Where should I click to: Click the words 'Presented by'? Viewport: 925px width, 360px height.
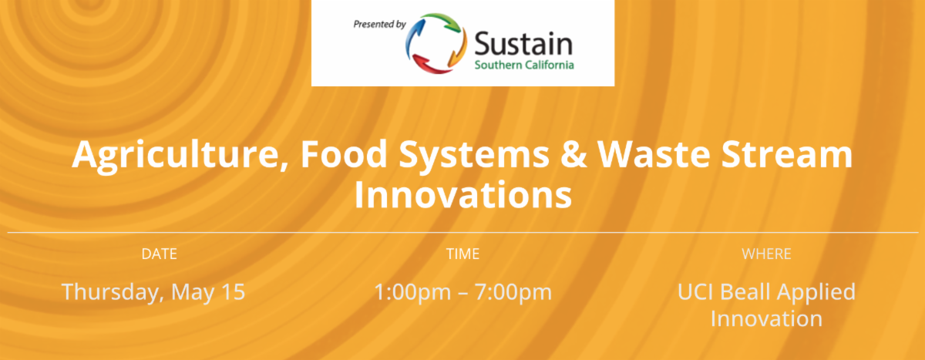coord(379,25)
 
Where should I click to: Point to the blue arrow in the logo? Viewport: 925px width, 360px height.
coord(415,38)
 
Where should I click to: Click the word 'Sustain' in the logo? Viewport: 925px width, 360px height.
coord(523,44)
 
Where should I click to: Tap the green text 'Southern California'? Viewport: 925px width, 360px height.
coord(524,65)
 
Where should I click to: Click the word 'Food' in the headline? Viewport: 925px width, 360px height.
coord(344,154)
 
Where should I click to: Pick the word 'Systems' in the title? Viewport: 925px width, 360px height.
coord(474,156)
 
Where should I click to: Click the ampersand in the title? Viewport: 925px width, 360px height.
coord(573,154)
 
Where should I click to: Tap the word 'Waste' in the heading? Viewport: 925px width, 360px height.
coord(654,154)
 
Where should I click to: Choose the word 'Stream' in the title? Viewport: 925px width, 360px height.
coord(787,154)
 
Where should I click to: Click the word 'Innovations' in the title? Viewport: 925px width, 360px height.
coord(463,195)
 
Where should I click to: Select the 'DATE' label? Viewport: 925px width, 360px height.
coord(159,254)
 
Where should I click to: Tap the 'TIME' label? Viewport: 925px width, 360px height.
coord(462,254)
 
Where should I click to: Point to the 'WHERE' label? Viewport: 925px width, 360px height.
coord(766,254)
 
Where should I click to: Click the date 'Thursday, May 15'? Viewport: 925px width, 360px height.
coord(153,292)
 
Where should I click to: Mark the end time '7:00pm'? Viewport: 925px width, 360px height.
coord(513,292)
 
